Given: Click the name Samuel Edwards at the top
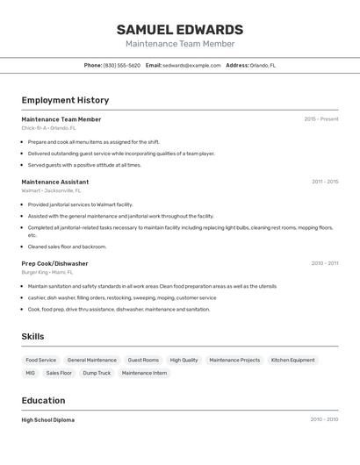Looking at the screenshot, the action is pyautogui.click(x=180, y=29).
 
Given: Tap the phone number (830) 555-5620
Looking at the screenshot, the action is pyautogui.click(x=121, y=66).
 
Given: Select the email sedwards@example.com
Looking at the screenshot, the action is pyautogui.click(x=191, y=66).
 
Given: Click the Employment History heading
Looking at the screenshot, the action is pyautogui.click(x=65, y=100).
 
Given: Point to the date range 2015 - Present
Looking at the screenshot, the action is pyautogui.click(x=321, y=119).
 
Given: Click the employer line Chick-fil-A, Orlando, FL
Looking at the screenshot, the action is pyautogui.click(x=48, y=128).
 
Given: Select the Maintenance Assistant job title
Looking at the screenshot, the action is pyautogui.click(x=54, y=182).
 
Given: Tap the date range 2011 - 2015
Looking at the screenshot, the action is pyautogui.click(x=324, y=182).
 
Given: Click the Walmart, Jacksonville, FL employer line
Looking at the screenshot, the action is pyautogui.click(x=51, y=190).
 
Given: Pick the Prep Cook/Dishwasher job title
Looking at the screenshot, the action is pyautogui.click(x=54, y=263).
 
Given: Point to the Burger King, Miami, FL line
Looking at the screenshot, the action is pyautogui.click(x=47, y=272).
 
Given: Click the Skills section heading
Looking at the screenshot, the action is pyautogui.click(x=32, y=336).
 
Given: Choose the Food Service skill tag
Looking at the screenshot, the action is pyautogui.click(x=40, y=360).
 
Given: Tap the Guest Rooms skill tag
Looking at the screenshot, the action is pyautogui.click(x=143, y=360).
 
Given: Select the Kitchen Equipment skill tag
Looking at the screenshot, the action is pyautogui.click(x=292, y=360).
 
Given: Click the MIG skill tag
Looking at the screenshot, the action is pyautogui.click(x=30, y=373).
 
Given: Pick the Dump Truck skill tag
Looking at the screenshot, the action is pyautogui.click(x=97, y=373).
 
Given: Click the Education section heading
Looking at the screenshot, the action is pyautogui.click(x=43, y=400).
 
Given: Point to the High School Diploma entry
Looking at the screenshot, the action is pyautogui.click(x=47, y=420).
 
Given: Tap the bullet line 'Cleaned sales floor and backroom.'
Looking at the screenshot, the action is pyautogui.click(x=67, y=247).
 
